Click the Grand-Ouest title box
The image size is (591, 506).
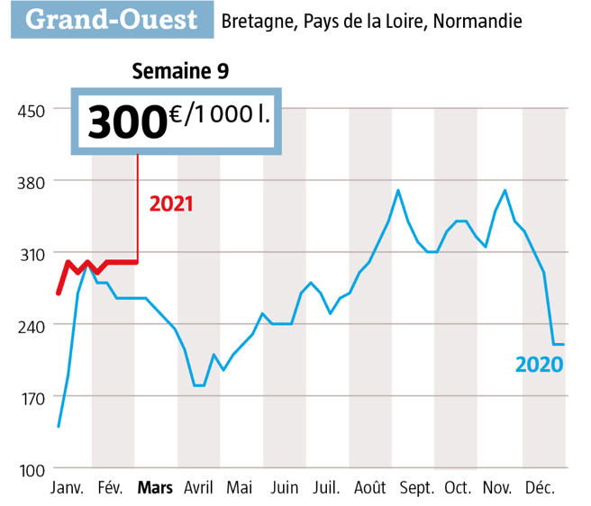113,19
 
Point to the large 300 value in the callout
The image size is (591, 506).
127,122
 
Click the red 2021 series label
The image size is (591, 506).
171,203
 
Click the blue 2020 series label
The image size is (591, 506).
539,365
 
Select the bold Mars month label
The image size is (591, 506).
155,489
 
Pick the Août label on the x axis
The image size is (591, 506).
370,489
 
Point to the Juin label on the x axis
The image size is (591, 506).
284,489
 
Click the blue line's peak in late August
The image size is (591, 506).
398,190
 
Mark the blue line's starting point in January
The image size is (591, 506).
59,426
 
